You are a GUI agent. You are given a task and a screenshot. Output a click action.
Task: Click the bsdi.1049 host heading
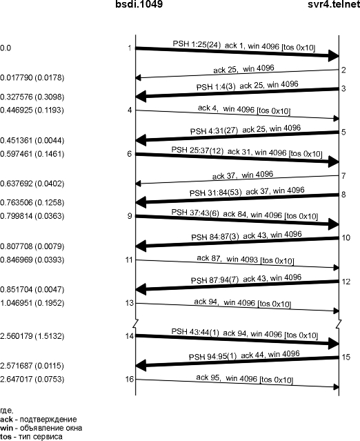(x=139, y=4)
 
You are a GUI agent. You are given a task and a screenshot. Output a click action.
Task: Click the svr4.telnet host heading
(x=334, y=4)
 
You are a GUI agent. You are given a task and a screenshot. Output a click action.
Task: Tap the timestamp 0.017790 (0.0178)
(x=32, y=78)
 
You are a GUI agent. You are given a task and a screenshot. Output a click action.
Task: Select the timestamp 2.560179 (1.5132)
(x=32, y=336)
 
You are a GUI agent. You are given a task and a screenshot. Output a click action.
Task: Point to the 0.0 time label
(x=6, y=48)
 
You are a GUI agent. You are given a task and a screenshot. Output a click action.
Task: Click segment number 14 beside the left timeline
(x=129, y=336)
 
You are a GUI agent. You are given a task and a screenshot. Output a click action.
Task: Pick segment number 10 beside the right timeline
(x=346, y=238)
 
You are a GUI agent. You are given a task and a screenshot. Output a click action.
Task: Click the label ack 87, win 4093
(x=228, y=259)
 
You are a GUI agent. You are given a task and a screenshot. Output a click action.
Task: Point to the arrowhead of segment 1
(x=334, y=56)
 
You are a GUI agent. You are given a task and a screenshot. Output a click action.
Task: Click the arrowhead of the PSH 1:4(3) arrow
(x=141, y=97)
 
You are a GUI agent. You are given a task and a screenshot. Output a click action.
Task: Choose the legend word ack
(x=6, y=420)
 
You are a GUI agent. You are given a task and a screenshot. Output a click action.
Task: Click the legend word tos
(x=6, y=436)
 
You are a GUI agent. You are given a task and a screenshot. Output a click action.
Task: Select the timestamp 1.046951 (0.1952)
(x=32, y=303)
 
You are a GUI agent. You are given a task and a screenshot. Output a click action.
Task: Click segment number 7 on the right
(x=343, y=176)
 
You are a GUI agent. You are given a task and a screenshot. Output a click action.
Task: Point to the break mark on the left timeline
(x=136, y=322)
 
